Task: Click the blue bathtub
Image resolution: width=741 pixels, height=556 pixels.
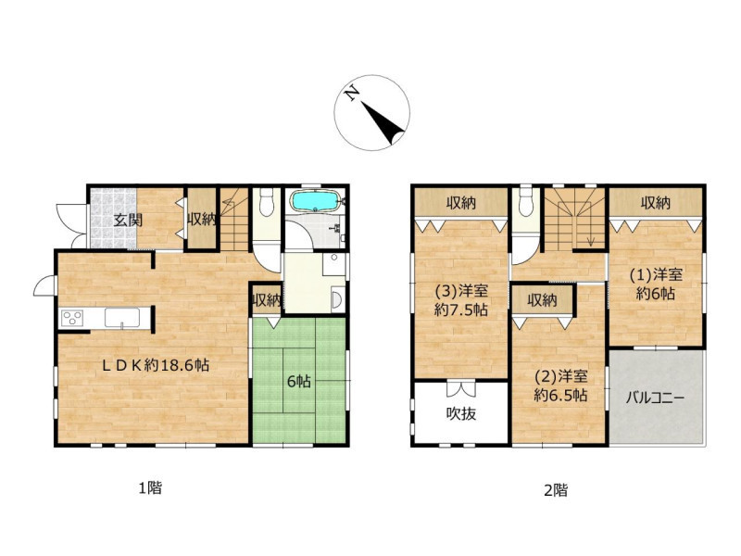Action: pyautogui.click(x=315, y=201)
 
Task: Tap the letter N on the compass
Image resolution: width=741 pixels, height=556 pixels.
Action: pyautogui.click(x=351, y=95)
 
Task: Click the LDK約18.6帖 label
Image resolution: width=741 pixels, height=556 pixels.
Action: pyautogui.click(x=157, y=364)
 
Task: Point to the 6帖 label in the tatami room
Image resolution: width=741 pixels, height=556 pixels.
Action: pyautogui.click(x=298, y=381)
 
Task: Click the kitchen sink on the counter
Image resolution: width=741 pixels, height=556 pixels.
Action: pyautogui.click(x=122, y=317)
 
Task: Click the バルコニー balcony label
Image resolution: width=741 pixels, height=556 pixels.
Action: pyautogui.click(x=656, y=398)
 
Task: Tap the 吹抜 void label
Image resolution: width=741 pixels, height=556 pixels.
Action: pyautogui.click(x=461, y=413)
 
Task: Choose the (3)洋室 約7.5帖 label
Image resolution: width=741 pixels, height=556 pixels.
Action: pyautogui.click(x=461, y=300)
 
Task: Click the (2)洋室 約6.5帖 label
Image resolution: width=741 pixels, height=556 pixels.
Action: pyautogui.click(x=561, y=385)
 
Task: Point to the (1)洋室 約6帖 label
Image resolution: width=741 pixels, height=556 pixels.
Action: pyautogui.click(x=656, y=284)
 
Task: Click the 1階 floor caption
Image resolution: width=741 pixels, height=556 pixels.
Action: pyautogui.click(x=150, y=487)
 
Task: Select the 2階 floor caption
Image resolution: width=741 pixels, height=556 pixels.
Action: pyautogui.click(x=556, y=490)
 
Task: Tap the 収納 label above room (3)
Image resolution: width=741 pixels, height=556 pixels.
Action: pyautogui.click(x=461, y=203)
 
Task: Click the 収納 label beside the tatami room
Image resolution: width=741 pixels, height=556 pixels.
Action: pyautogui.click(x=266, y=299)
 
